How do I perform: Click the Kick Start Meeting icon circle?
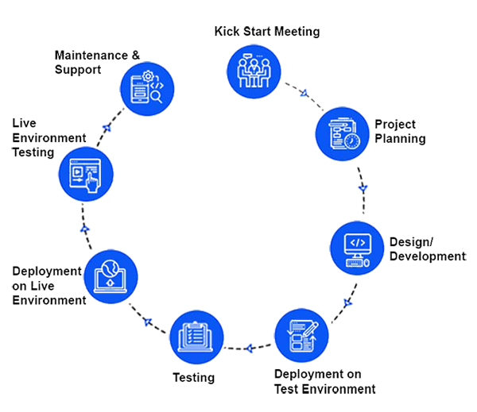pos(254,71)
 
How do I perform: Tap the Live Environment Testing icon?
pos(86,173)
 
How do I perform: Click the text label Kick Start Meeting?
pos(267,32)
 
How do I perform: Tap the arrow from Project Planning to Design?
pos(363,188)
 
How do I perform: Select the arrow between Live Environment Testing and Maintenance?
pos(106,129)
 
